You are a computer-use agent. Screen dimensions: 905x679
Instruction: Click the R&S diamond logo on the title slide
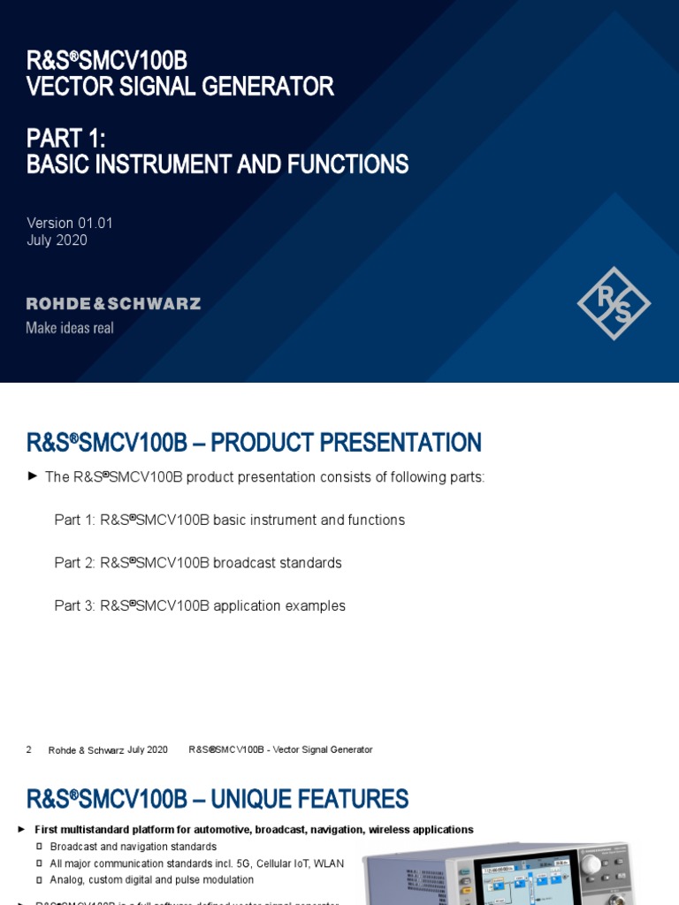pyautogui.click(x=614, y=303)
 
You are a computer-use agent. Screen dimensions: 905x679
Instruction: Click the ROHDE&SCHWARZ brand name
pyautogui.click(x=114, y=304)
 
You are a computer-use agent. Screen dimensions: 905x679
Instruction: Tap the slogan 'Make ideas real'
pyautogui.click(x=70, y=328)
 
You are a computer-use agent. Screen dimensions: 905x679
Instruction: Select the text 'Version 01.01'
pyautogui.click(x=70, y=223)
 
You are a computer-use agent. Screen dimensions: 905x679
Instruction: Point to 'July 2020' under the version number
pyautogui.click(x=57, y=240)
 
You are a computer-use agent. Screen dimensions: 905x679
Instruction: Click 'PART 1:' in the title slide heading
pyautogui.click(x=66, y=138)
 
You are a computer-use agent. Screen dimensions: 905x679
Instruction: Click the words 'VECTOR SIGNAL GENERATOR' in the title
pyautogui.click(x=180, y=87)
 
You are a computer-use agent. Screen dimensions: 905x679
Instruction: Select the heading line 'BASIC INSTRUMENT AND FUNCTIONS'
pyautogui.click(x=217, y=164)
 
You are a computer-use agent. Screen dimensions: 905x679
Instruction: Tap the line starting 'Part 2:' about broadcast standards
pyautogui.click(x=198, y=563)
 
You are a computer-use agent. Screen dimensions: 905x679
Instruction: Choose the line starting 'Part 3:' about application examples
pyautogui.click(x=200, y=606)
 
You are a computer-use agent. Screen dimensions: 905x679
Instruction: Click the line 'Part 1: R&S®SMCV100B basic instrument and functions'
pyautogui.click(x=230, y=520)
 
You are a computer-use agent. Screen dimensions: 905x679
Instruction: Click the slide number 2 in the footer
pyautogui.click(x=29, y=749)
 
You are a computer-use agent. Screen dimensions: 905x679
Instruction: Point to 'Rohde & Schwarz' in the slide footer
pyautogui.click(x=86, y=750)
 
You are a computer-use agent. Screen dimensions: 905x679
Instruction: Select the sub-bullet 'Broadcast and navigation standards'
pyautogui.click(x=134, y=847)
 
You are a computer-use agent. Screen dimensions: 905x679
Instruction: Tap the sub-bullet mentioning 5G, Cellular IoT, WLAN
pyautogui.click(x=197, y=863)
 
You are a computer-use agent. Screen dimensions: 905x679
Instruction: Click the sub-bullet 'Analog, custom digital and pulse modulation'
pyautogui.click(x=152, y=880)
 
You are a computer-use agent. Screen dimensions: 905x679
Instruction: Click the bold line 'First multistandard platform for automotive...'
pyautogui.click(x=254, y=830)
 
